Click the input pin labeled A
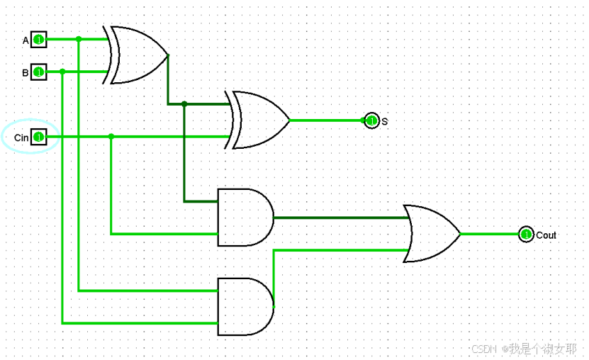[38, 40]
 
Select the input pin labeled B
[38, 72]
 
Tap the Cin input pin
[38, 136]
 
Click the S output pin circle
[371, 120]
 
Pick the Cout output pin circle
[525, 234]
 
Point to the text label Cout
[546, 235]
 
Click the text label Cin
[21, 137]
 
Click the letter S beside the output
[385, 122]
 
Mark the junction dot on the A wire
[79, 39]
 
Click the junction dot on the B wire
[62, 72]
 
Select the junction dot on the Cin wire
[111, 136]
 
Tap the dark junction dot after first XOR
[184, 104]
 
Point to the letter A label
[26, 40]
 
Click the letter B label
[26, 72]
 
